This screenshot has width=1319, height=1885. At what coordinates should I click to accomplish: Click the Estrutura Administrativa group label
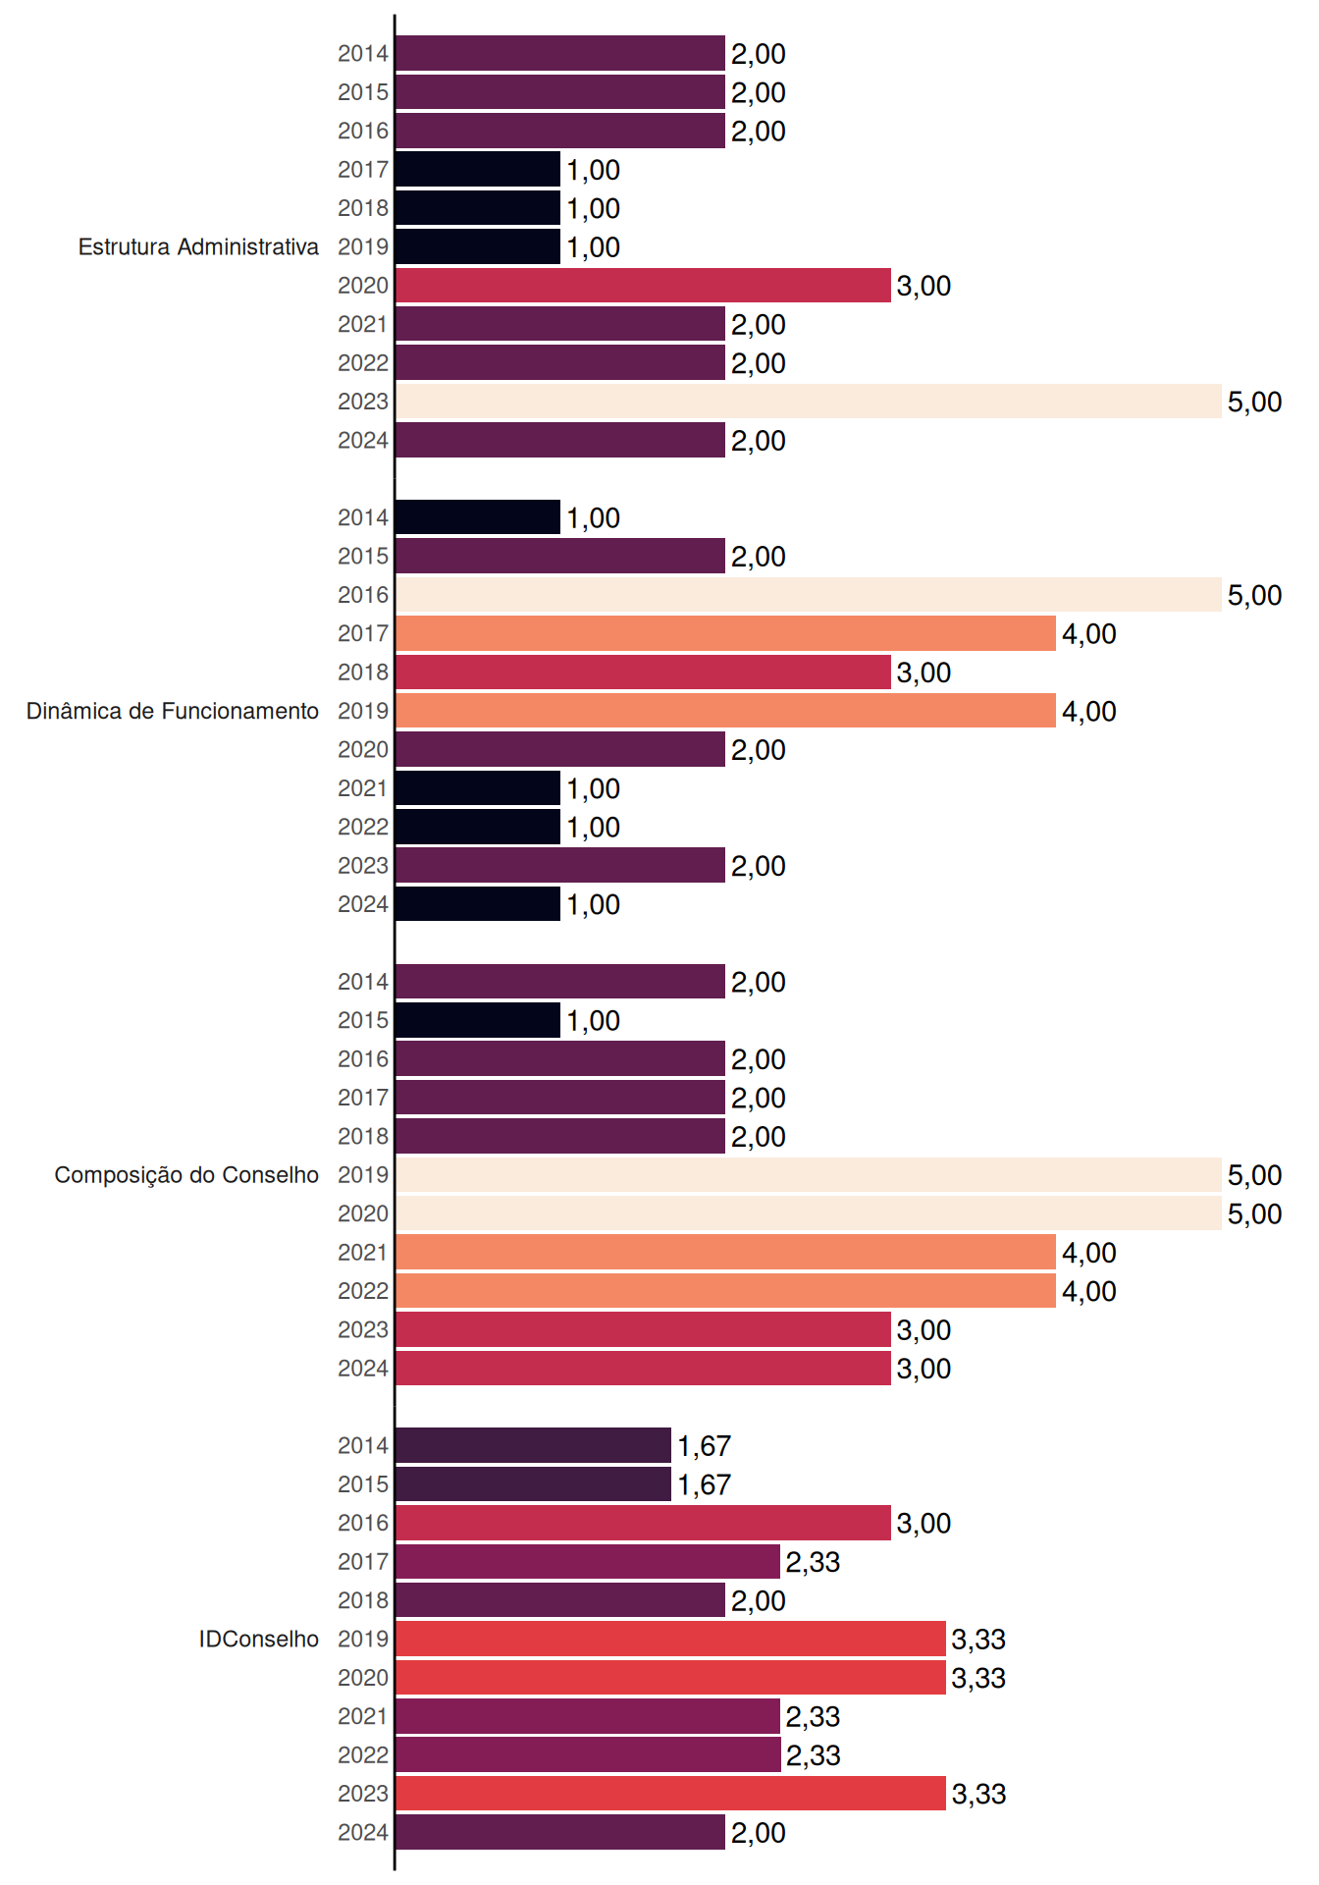tap(198, 246)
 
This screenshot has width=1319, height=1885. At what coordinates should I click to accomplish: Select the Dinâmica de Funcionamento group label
tap(173, 711)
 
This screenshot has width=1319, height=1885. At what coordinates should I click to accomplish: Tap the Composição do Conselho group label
tap(186, 1175)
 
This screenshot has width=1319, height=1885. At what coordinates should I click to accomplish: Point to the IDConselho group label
tap(259, 1639)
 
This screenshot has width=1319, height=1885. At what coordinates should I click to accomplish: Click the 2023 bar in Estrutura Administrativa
tap(809, 402)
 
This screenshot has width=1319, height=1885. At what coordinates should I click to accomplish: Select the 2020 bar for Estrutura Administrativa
tap(643, 286)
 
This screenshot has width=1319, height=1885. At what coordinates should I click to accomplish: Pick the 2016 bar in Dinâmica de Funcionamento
tap(809, 595)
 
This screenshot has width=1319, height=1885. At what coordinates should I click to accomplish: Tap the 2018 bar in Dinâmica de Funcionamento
tap(643, 673)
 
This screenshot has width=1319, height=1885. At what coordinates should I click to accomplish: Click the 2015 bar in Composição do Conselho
tap(478, 1020)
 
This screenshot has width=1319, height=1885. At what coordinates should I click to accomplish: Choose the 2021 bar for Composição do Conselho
tap(725, 1252)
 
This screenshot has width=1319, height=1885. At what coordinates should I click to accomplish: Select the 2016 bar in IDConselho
tap(643, 1523)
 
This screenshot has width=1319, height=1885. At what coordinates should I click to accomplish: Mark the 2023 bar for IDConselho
tap(670, 1794)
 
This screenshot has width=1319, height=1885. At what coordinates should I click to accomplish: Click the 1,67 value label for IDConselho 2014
tap(704, 1446)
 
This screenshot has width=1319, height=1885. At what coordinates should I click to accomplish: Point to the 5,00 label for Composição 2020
tap(1254, 1214)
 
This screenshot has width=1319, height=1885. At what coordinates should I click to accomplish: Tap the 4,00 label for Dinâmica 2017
tap(1089, 634)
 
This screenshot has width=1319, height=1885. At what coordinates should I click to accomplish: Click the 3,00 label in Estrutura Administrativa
tap(923, 287)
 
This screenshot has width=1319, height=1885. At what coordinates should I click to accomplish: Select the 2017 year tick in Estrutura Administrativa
tap(363, 170)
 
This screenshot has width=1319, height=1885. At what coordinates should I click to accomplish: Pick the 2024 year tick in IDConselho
tap(363, 1833)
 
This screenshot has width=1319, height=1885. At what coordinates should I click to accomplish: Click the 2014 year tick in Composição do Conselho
tap(363, 982)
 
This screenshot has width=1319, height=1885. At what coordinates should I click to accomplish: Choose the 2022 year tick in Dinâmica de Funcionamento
tap(363, 828)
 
